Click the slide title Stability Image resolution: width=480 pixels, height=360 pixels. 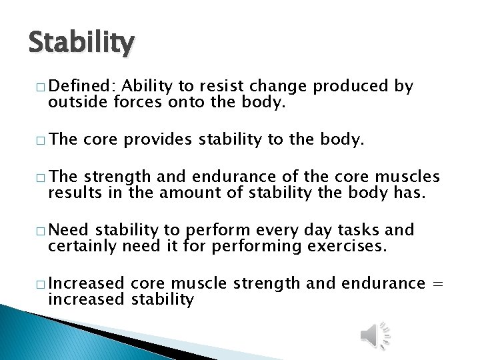[81, 43]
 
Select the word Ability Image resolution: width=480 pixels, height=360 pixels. [147, 86]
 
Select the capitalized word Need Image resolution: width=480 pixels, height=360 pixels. [69, 230]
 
